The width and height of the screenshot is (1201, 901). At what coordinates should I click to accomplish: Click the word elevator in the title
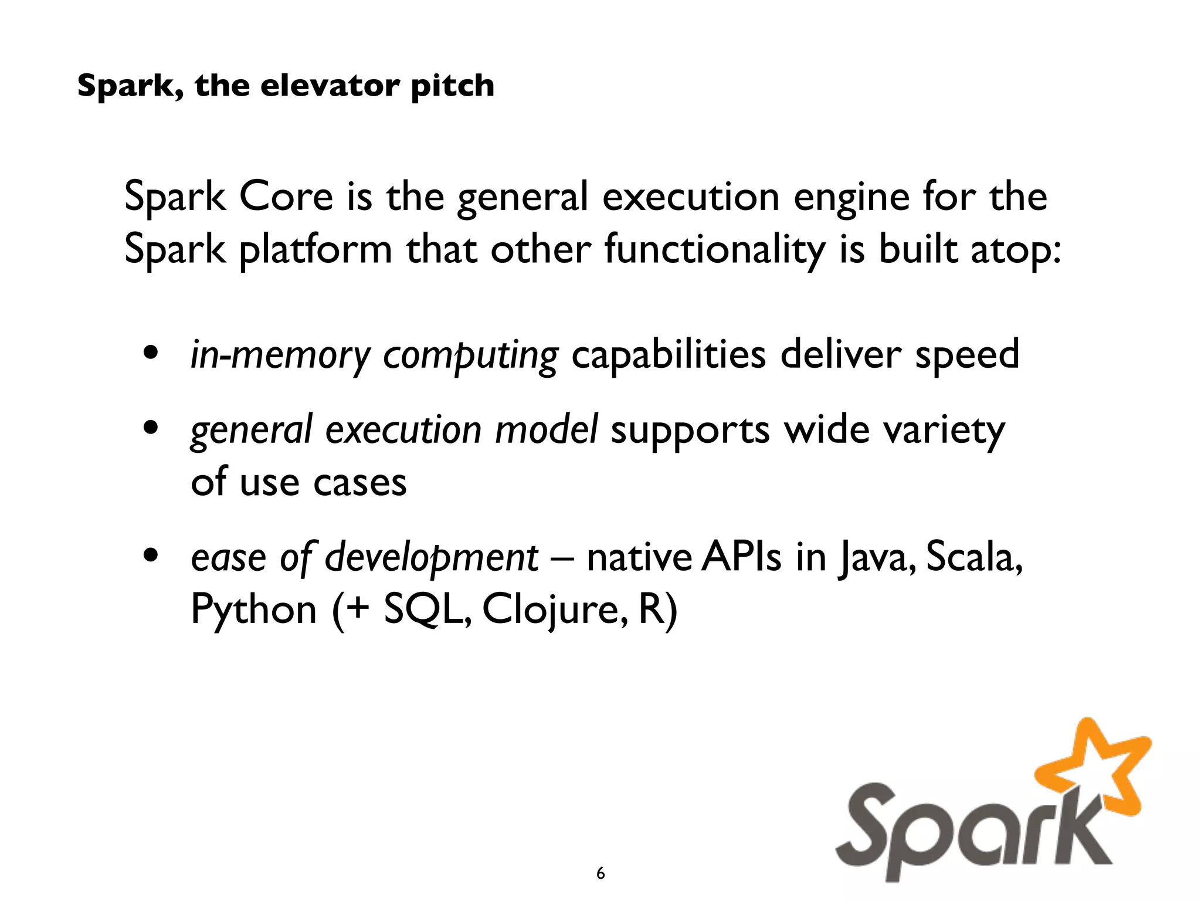point(329,86)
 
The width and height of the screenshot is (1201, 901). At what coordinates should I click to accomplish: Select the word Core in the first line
point(286,197)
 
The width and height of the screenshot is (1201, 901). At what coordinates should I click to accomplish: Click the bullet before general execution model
point(151,428)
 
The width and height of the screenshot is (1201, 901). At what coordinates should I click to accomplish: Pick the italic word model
point(547,429)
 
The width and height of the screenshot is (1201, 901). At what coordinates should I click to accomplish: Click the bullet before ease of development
point(151,555)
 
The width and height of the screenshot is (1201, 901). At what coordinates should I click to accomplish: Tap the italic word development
point(431,557)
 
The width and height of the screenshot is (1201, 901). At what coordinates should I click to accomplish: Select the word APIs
point(741,556)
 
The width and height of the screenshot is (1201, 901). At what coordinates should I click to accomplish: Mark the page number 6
point(600,873)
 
